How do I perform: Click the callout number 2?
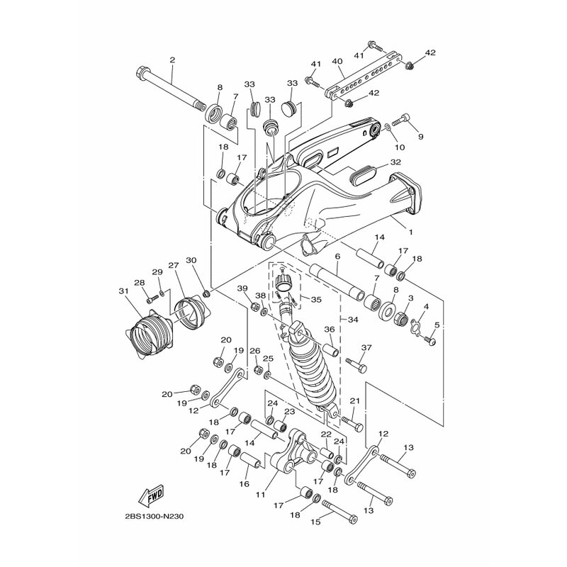click(172, 60)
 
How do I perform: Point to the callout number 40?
click(337, 61)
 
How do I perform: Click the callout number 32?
click(395, 162)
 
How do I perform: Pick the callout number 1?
click(410, 232)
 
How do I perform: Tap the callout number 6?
click(338, 257)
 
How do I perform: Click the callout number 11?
click(261, 494)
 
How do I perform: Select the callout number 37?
click(366, 347)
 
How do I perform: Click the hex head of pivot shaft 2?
click(142, 69)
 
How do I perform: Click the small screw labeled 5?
click(430, 341)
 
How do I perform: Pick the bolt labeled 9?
click(399, 120)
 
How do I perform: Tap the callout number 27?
click(173, 264)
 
